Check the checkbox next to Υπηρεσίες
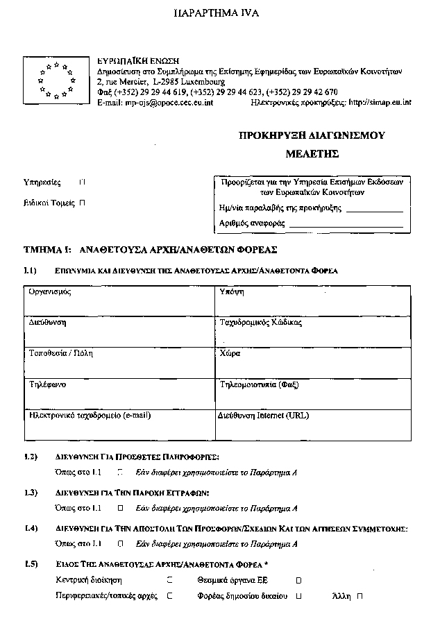coord(83,183)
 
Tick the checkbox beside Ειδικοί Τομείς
coord(83,203)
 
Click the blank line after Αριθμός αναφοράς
coord(346,225)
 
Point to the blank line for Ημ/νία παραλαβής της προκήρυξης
coord(374,209)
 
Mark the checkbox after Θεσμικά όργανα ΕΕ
coord(298,579)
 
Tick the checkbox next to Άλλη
coord(360,596)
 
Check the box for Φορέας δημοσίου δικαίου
coord(299,596)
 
